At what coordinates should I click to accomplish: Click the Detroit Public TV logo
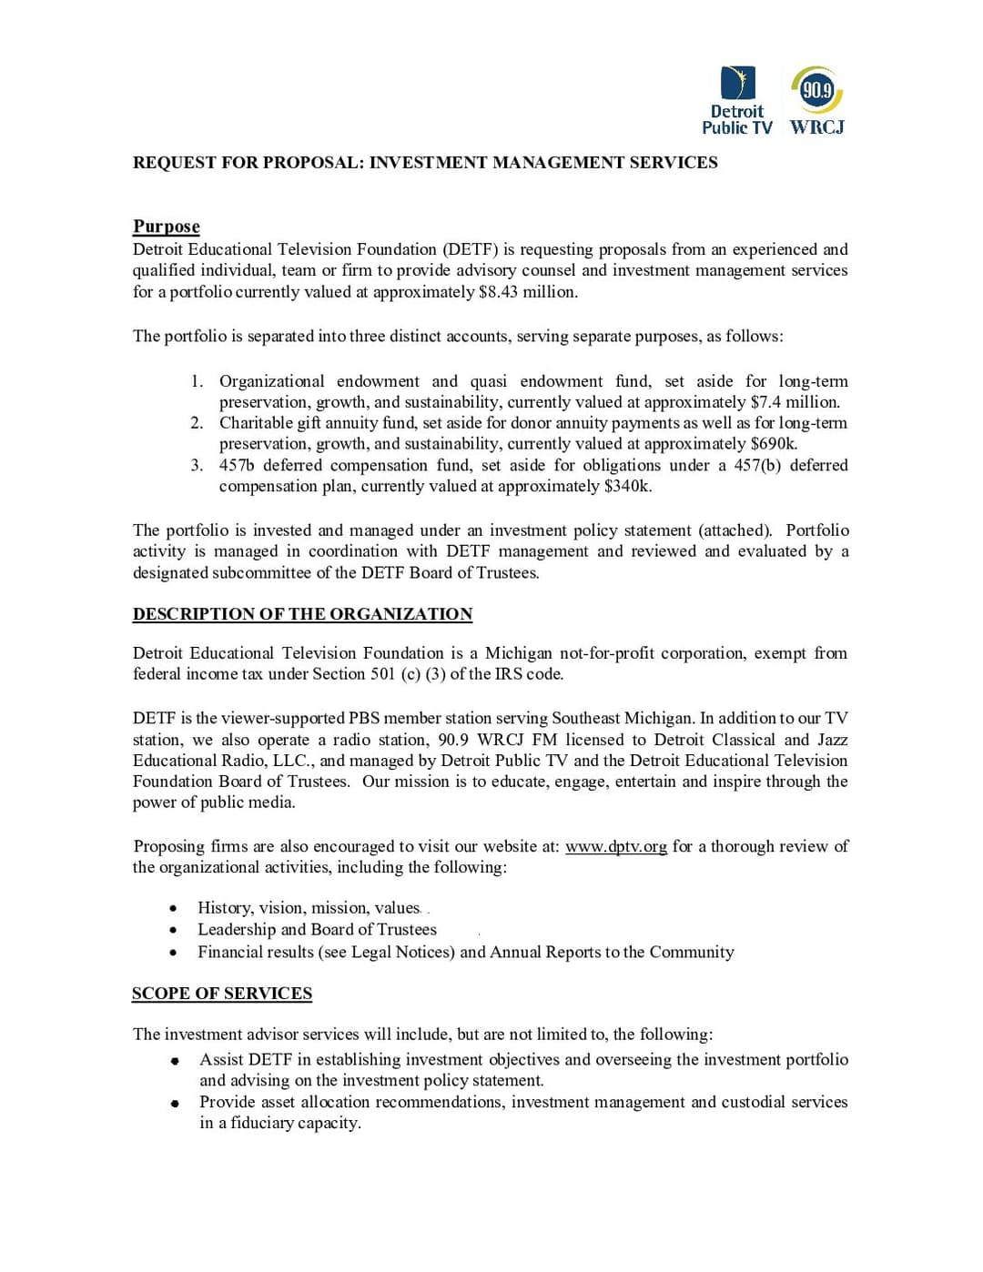[737, 101]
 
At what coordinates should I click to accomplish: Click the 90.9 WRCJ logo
[816, 101]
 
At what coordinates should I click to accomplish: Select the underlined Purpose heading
[167, 227]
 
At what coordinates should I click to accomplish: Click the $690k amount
[774, 444]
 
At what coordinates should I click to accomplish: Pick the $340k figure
[627, 486]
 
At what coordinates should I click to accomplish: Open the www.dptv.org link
[616, 846]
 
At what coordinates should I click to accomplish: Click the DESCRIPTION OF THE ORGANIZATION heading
[302, 614]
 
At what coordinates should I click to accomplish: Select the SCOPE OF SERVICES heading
[222, 994]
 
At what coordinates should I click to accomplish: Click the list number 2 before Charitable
[197, 423]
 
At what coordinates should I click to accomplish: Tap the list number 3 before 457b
[197, 465]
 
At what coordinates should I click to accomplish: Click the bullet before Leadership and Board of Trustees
[173, 930]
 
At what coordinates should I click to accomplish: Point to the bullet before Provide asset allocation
[175, 1103]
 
